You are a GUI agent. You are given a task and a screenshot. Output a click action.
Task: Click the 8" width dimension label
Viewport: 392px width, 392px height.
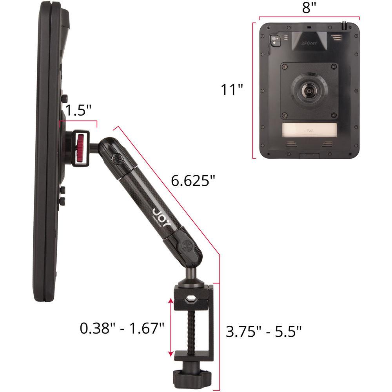pyautogui.click(x=309, y=8)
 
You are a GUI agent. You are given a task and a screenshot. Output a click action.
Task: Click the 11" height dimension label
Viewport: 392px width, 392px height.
pyautogui.click(x=232, y=90)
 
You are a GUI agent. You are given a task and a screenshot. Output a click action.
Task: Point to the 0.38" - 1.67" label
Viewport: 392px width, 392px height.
pyautogui.click(x=122, y=328)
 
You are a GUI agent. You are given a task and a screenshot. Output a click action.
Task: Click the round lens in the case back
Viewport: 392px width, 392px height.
pyautogui.click(x=309, y=91)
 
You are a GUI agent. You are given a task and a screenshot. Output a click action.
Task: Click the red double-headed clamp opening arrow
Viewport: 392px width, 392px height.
pyautogui.click(x=171, y=327)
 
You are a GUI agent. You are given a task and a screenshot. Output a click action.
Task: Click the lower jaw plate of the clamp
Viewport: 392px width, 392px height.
pyautogui.click(x=192, y=356)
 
